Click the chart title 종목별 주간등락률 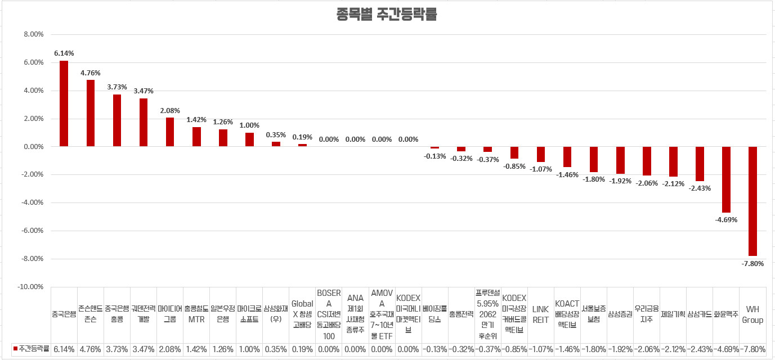(387, 15)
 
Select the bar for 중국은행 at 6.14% (64, 103)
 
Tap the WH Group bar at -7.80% (752, 201)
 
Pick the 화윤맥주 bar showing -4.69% (726, 179)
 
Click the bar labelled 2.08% (170, 132)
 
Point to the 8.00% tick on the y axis (34, 34)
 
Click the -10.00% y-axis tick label (31, 287)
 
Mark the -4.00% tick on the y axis (32, 202)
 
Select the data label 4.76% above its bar (90, 73)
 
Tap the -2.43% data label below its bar (700, 188)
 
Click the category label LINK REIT (540, 314)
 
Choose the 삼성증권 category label (620, 314)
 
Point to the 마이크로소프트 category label (249, 314)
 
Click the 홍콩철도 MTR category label (196, 314)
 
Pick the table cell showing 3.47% (144, 349)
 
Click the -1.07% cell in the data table (540, 349)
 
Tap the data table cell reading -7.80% (752, 349)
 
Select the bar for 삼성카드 (700, 164)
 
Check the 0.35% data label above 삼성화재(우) (276, 135)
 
